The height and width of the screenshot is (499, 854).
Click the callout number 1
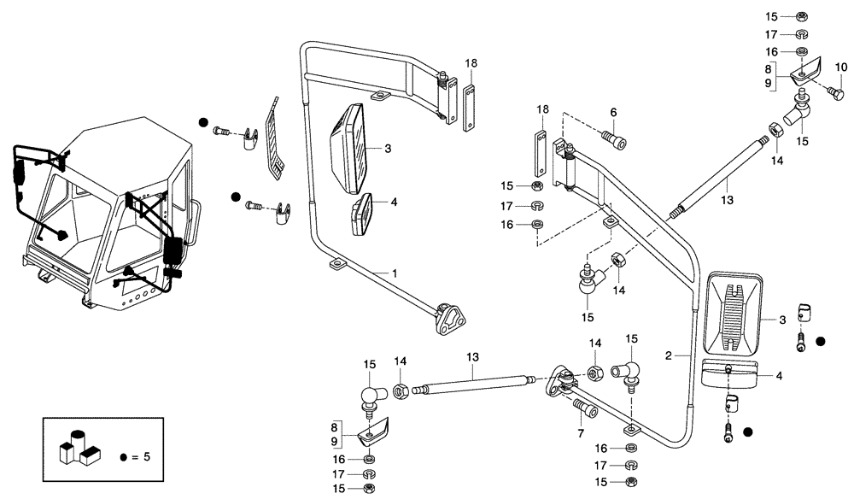point(395,273)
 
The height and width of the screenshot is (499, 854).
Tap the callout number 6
point(612,111)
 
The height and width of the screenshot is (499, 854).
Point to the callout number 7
point(580,434)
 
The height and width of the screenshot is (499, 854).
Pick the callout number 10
point(840,68)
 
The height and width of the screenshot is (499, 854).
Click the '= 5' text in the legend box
point(142,457)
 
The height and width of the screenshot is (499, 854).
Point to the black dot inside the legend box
point(124,458)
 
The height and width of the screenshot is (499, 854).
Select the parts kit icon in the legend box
point(79,445)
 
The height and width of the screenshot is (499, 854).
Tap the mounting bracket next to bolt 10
point(804,69)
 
